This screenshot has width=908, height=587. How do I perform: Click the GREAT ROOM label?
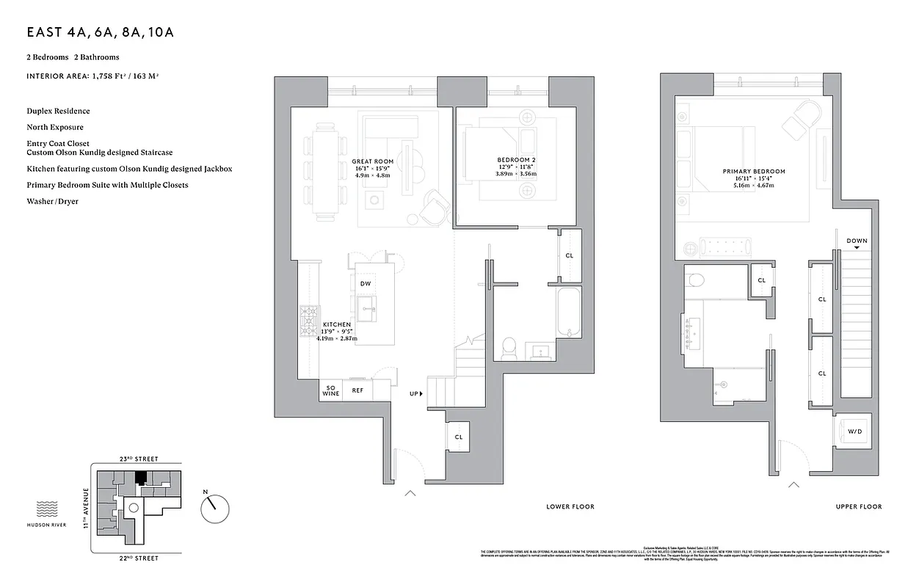[x=372, y=161]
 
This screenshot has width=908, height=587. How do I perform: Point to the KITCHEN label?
[x=337, y=324]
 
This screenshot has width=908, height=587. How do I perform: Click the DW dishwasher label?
[x=366, y=284]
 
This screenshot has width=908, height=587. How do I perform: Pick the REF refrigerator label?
[x=357, y=390]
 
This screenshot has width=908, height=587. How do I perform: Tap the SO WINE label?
[x=330, y=390]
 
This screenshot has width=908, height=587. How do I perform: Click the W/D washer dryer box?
[x=854, y=432]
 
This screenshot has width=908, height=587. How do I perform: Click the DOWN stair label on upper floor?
[x=857, y=241]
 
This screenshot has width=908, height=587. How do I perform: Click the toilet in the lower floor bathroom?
[x=508, y=348]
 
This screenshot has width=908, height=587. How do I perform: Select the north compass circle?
[x=214, y=505]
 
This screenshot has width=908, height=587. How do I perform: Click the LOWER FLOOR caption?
[x=570, y=506]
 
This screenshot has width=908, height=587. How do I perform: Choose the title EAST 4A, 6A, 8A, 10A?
[x=100, y=32]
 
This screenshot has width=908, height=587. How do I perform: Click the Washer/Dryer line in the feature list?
[x=52, y=201]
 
